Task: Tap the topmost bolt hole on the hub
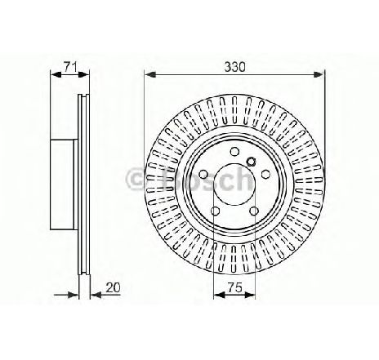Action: tap(234, 151)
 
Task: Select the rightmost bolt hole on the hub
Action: tap(266, 175)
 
